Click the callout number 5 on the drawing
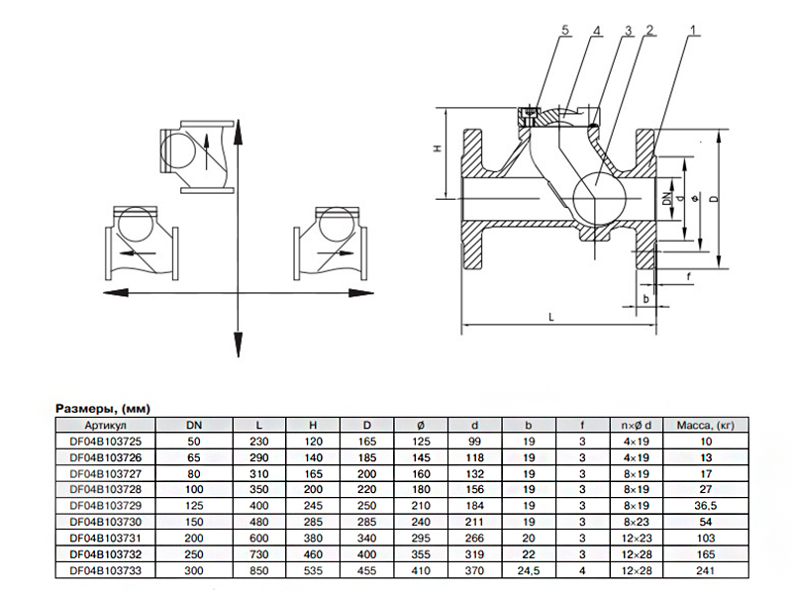pyautogui.click(x=564, y=31)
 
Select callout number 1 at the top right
pyautogui.click(x=693, y=31)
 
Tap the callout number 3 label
pyautogui.click(x=629, y=31)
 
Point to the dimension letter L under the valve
pyautogui.click(x=551, y=317)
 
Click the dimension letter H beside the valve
pyautogui.click(x=438, y=148)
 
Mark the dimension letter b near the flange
pyautogui.click(x=646, y=299)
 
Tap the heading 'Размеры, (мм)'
pyautogui.click(x=103, y=409)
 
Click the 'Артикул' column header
pyautogui.click(x=106, y=426)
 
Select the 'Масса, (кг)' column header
pyautogui.click(x=706, y=426)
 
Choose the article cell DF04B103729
pyautogui.click(x=106, y=506)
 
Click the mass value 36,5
pyautogui.click(x=706, y=506)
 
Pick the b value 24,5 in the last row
pyautogui.click(x=529, y=571)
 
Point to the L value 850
pyautogui.click(x=258, y=571)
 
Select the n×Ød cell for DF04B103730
pyautogui.click(x=637, y=522)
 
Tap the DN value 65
pyautogui.click(x=194, y=457)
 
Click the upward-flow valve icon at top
pyautogui.click(x=197, y=156)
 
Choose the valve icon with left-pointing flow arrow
pyautogui.click(x=142, y=243)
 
